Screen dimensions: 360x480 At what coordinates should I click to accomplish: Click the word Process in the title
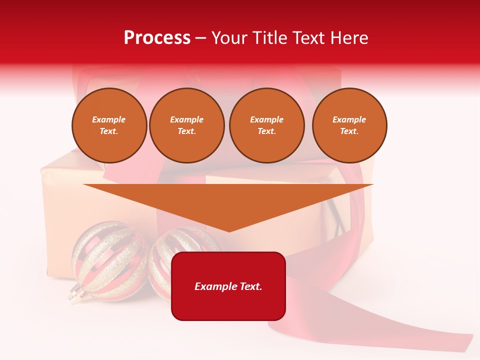(157, 38)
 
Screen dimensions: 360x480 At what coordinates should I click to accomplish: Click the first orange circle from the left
(109, 125)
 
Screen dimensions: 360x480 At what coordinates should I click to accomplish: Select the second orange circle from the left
(186, 125)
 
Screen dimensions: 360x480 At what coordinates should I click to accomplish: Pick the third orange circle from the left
(266, 125)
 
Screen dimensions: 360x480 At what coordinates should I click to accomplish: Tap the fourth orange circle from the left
(349, 125)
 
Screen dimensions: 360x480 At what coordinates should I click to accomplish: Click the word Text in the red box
(250, 286)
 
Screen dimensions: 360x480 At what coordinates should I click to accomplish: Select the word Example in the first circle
(109, 120)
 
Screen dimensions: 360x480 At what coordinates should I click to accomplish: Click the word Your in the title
(228, 38)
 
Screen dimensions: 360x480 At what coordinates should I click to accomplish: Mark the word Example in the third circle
(266, 120)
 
